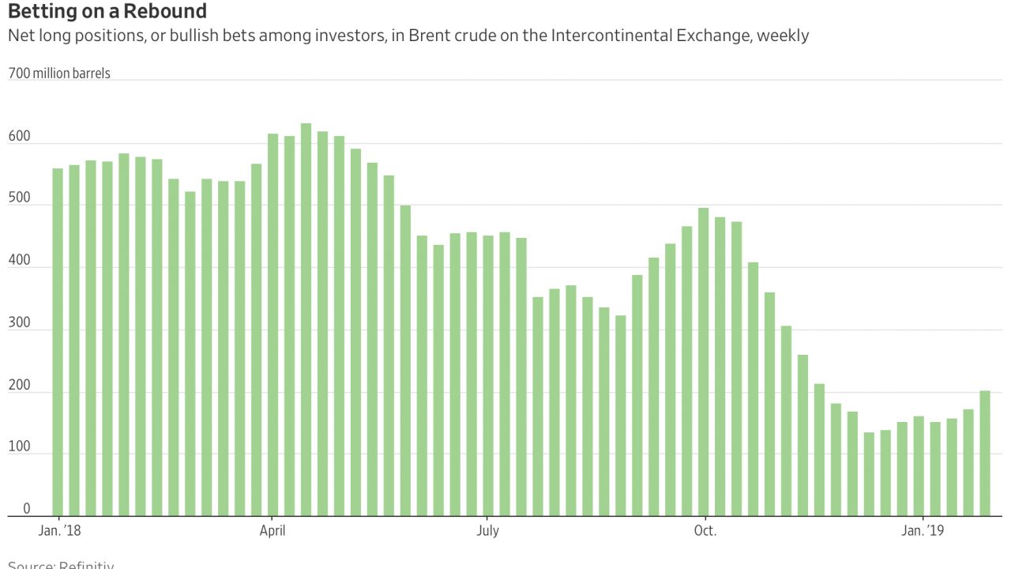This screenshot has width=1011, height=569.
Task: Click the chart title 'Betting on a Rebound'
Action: click(x=107, y=12)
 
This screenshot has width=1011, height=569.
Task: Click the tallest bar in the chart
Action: click(x=306, y=319)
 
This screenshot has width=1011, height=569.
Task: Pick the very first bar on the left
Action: click(x=58, y=341)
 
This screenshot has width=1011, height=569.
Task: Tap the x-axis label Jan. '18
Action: click(x=60, y=530)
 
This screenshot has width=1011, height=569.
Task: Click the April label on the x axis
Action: click(x=272, y=530)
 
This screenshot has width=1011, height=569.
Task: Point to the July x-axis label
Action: click(x=487, y=530)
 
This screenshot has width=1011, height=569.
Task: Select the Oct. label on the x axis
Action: click(x=705, y=530)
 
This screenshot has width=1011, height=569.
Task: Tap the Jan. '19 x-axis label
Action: click(x=923, y=530)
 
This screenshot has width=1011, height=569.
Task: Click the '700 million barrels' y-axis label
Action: click(x=59, y=73)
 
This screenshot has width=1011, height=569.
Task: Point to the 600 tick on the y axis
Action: click(x=19, y=137)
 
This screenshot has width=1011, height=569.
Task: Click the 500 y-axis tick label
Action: click(x=19, y=198)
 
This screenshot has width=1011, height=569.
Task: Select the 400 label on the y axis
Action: click(x=19, y=261)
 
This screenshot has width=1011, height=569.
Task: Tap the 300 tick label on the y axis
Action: click(x=19, y=323)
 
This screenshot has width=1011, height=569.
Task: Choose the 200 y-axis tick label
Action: click(x=19, y=385)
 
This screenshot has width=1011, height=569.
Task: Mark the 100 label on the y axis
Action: click(x=19, y=447)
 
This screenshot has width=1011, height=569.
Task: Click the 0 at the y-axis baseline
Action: click(x=26, y=509)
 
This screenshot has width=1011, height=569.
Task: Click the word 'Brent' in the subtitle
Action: click(x=427, y=36)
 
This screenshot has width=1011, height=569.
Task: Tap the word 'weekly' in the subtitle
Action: click(x=783, y=36)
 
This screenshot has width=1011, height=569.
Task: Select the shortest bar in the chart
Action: click(x=869, y=474)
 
